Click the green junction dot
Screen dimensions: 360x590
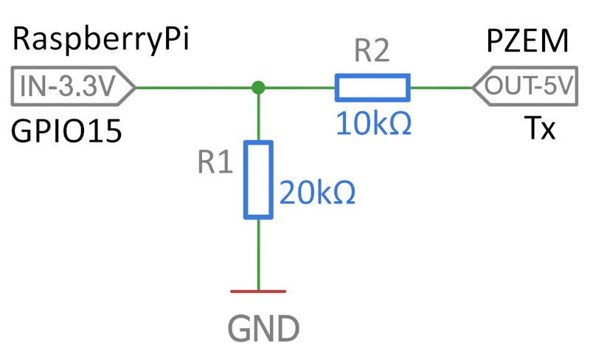pos(258,88)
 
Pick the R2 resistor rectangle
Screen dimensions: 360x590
pos(372,88)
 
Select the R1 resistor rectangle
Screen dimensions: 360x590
pos(258,179)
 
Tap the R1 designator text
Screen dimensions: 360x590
pos(215,164)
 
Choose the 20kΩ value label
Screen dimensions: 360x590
pos(317,193)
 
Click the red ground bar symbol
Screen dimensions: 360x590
pos(258,291)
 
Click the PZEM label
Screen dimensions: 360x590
pos(528,41)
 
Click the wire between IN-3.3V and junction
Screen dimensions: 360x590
pos(195,88)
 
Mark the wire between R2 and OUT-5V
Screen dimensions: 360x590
pos(440,88)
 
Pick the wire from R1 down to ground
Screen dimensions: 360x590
pos(258,255)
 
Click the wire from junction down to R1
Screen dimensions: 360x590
pos(258,117)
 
